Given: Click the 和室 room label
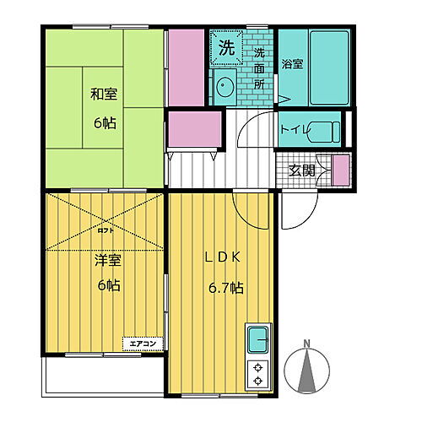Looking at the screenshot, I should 105,95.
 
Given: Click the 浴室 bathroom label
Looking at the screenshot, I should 291,64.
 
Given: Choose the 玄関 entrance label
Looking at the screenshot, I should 300,170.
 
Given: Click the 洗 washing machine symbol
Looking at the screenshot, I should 226,47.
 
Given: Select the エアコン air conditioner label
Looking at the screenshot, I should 143,343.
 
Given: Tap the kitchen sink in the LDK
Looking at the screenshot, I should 257,340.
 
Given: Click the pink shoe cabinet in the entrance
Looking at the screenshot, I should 340,170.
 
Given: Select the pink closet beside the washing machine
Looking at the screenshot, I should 187,67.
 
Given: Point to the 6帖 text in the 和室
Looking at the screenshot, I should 105,122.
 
